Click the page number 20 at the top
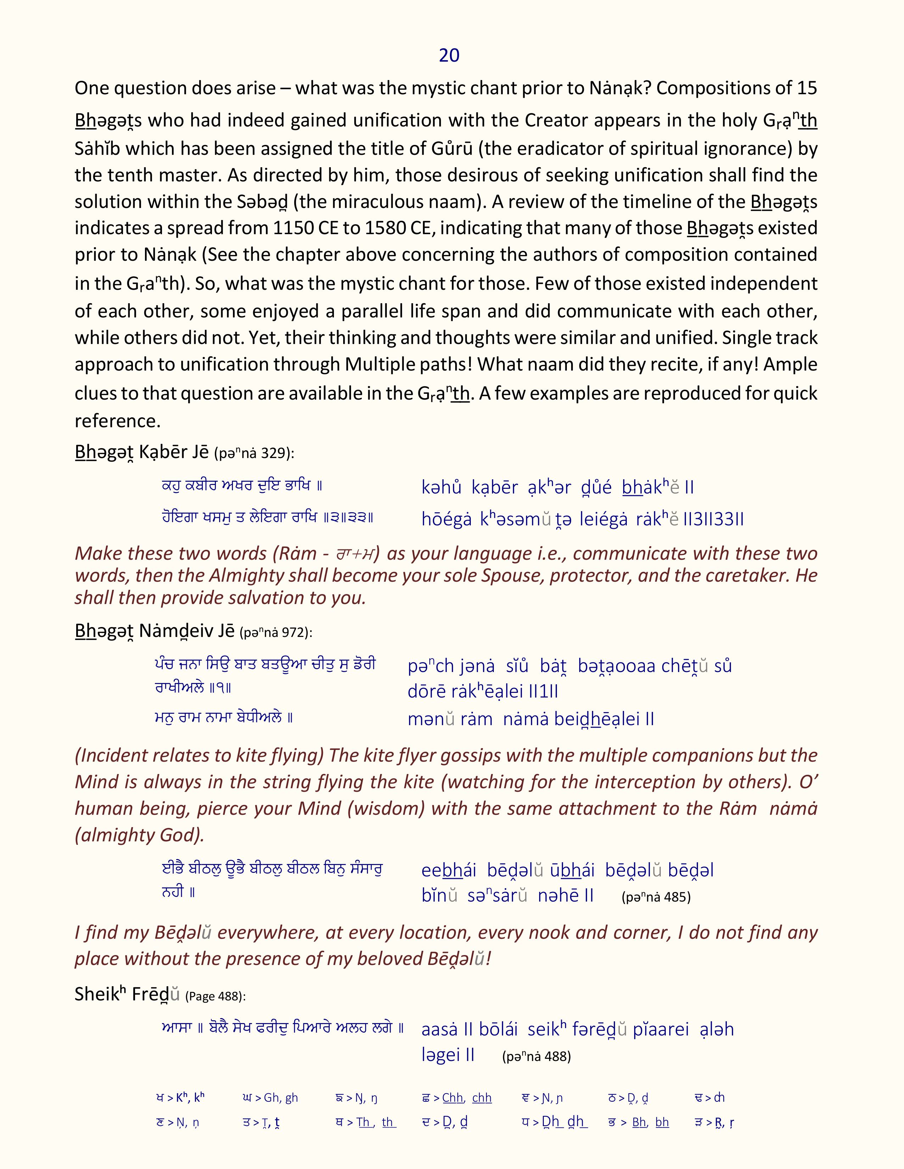449,56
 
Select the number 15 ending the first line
807,88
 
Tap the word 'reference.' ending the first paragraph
118,421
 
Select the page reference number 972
294,633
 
